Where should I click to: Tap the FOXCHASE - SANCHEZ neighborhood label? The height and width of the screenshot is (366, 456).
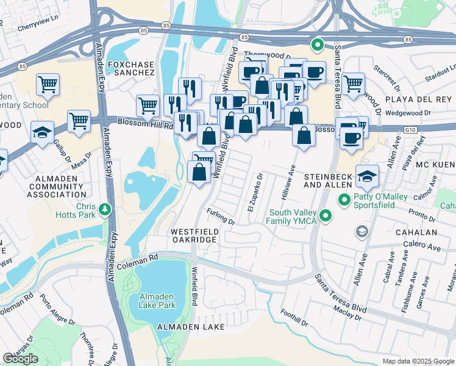coord(131,68)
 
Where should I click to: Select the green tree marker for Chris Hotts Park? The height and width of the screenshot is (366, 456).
coord(107,210)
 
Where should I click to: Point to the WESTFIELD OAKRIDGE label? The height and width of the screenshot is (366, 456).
coord(193,236)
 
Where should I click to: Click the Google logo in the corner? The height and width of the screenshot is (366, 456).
coord(20,359)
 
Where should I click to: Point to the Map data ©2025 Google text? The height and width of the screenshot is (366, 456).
coord(418,361)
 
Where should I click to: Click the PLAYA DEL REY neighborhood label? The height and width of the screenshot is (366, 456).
coord(420,99)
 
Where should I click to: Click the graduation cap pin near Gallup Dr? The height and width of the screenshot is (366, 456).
coord(42,133)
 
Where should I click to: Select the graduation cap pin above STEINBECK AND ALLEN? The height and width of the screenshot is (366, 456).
coord(367,177)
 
